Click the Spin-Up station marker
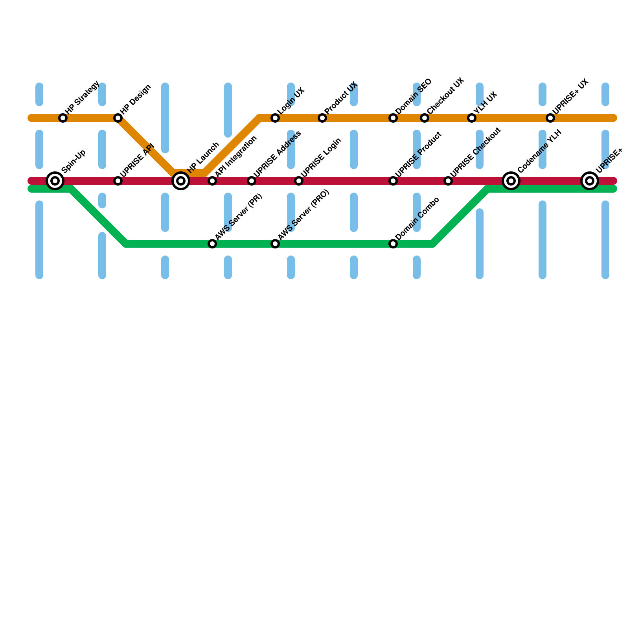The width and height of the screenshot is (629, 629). tap(55, 181)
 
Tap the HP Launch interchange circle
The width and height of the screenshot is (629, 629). tap(181, 181)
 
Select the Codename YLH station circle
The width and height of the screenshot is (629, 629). tap(511, 181)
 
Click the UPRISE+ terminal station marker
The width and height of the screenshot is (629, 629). tap(590, 181)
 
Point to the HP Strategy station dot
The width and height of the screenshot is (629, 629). tap(63, 118)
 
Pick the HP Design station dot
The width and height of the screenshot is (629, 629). tap(118, 118)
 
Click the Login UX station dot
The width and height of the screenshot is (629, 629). tap(275, 118)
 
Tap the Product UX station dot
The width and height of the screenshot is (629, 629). tap(322, 118)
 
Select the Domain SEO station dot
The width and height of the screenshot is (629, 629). tap(393, 118)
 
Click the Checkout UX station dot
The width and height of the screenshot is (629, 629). tap(425, 118)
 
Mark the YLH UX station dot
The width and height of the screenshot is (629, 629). tap(472, 118)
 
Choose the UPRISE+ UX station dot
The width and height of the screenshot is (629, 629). tap(550, 118)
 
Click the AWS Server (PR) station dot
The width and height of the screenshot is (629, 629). tap(212, 244)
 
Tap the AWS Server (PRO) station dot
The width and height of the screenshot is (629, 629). tap(275, 244)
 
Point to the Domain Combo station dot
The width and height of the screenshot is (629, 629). tap(393, 244)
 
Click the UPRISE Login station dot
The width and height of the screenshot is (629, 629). tap(299, 181)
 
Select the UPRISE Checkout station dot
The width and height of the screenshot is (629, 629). tap(448, 181)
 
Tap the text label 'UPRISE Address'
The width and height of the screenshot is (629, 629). tap(277, 154)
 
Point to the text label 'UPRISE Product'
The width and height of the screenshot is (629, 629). tap(419, 154)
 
